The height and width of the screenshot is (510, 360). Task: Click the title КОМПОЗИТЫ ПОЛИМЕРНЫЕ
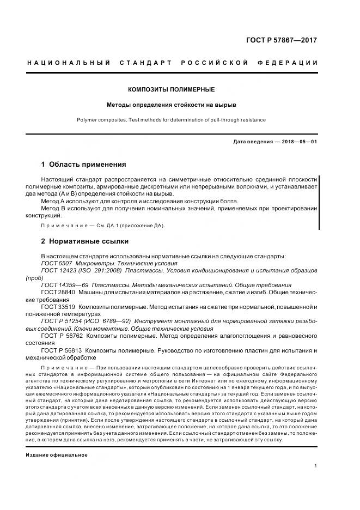point(170,89)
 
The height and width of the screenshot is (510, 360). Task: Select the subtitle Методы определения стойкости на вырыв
point(170,104)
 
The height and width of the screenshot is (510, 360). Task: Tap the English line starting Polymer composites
point(170,119)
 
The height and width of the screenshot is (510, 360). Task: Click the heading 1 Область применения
point(83,164)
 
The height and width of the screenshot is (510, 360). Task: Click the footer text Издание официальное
point(56,454)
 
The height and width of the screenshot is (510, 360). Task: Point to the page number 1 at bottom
point(316,466)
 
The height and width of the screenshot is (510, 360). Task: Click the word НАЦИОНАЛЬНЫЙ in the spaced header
point(68,63)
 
